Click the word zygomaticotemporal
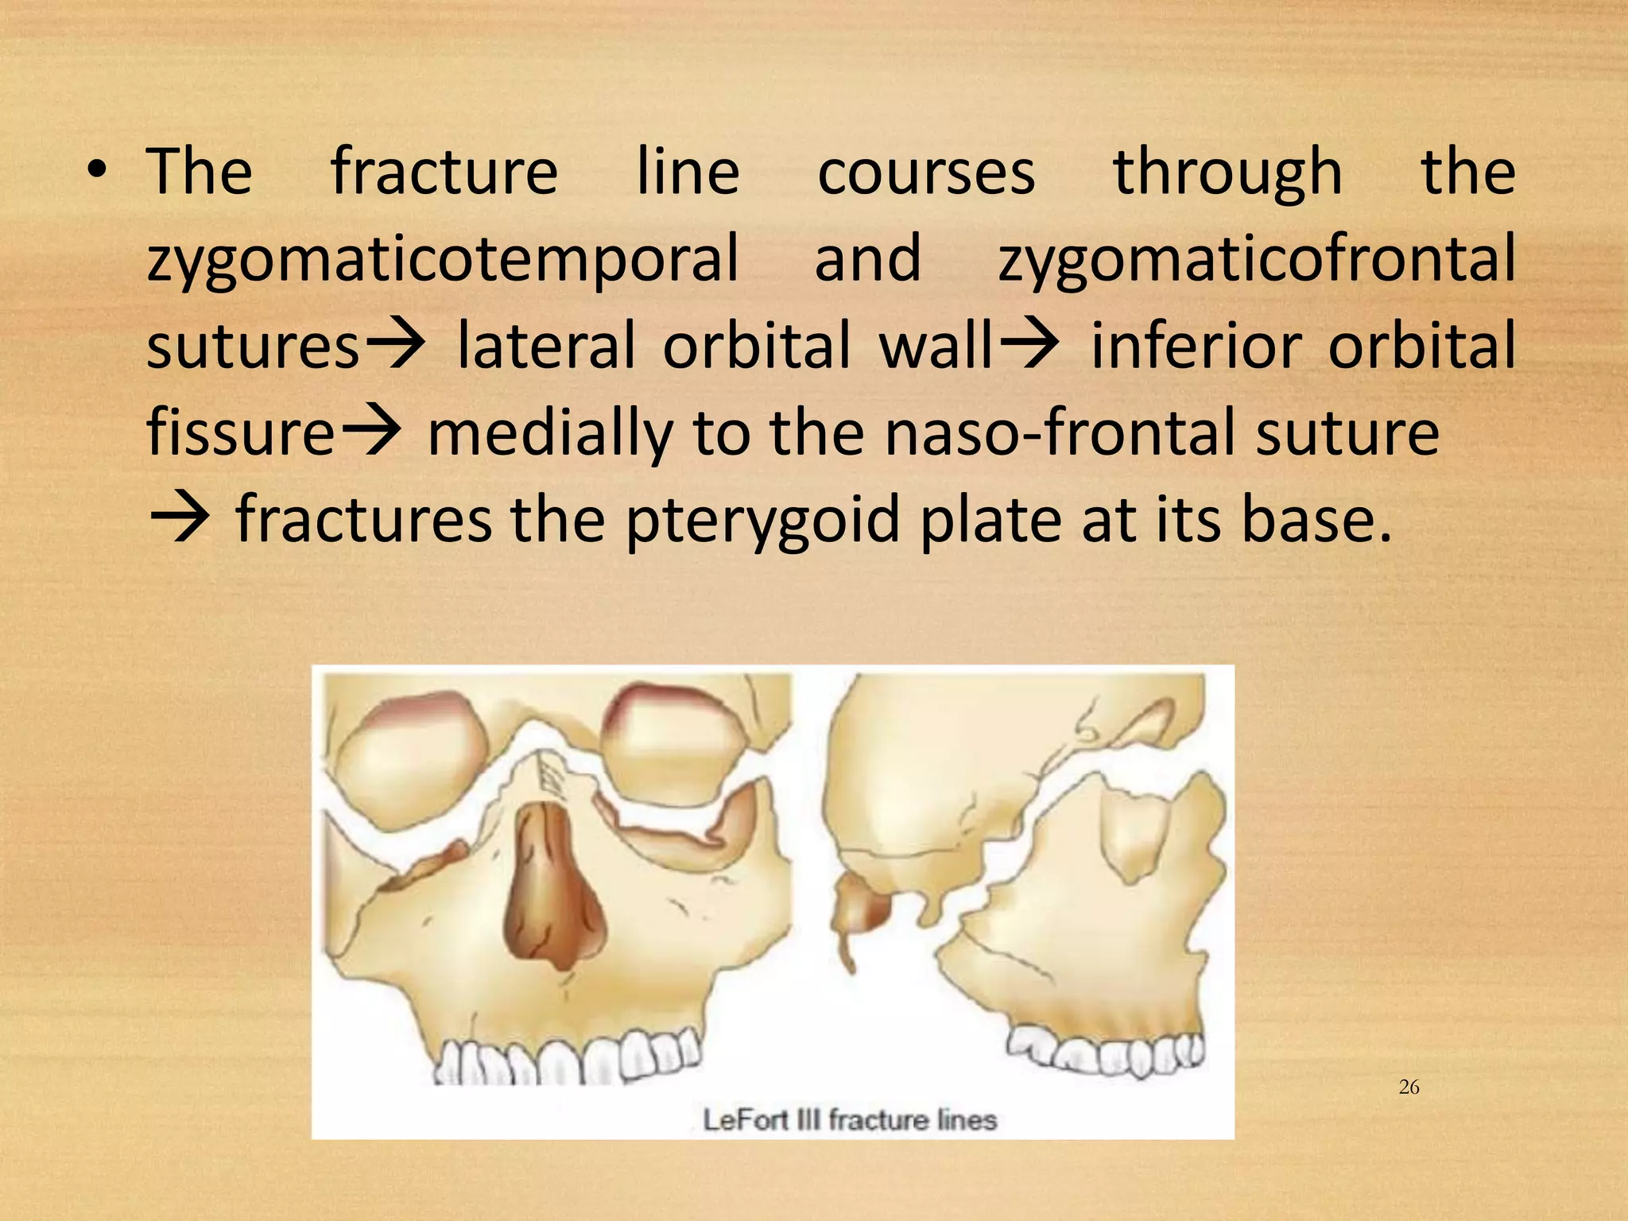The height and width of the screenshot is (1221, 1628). (x=443, y=260)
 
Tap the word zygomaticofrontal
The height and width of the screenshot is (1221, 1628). (x=1256, y=260)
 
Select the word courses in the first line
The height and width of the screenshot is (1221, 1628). (x=926, y=172)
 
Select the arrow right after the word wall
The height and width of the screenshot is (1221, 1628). (x=1029, y=346)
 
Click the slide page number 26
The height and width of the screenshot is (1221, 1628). (x=1409, y=1087)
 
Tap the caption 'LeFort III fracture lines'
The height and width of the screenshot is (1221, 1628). (x=849, y=1120)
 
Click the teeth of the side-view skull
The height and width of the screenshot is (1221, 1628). (x=1105, y=1049)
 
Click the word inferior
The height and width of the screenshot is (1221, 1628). (x=1195, y=346)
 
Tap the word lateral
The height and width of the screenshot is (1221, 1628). (x=545, y=346)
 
